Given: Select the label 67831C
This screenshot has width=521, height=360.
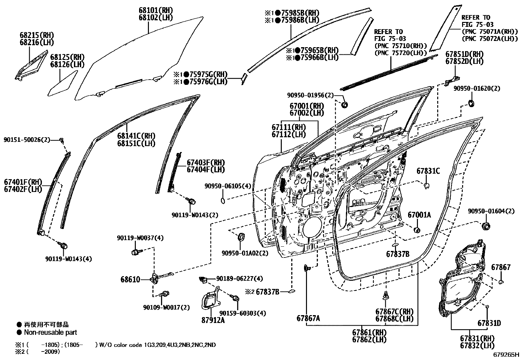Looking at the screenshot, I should tap(428, 171).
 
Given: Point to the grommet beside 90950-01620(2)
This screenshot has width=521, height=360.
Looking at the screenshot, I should tap(471, 104).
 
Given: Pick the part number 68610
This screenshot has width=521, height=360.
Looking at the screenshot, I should tap(130, 279).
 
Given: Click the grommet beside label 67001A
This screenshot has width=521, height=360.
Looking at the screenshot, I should tap(417, 229).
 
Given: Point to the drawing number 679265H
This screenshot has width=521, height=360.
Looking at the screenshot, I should tap(506, 354).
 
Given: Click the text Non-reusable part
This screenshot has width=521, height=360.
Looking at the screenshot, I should tap(50, 332).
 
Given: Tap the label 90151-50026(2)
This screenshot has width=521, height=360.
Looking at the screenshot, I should tap(27, 140).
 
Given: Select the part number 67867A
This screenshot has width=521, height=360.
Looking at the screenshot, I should tap(308, 318).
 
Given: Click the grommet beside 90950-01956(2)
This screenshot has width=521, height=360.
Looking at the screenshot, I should tap(344, 105).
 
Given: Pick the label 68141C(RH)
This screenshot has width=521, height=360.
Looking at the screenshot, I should tap(136, 136).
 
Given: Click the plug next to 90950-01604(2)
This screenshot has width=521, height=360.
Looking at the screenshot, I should tap(487, 226).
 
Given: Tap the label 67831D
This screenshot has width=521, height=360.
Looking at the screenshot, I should tap(489, 323).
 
